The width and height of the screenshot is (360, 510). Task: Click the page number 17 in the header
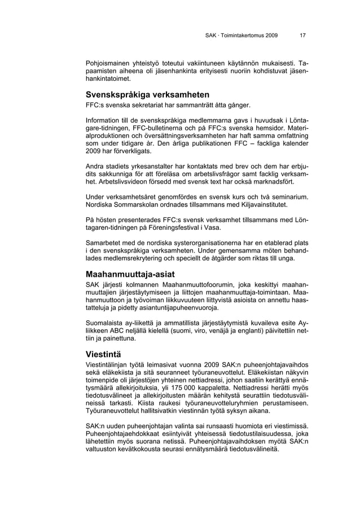[x=303, y=35]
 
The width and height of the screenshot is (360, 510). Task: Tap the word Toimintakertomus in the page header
[x=242, y=35]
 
